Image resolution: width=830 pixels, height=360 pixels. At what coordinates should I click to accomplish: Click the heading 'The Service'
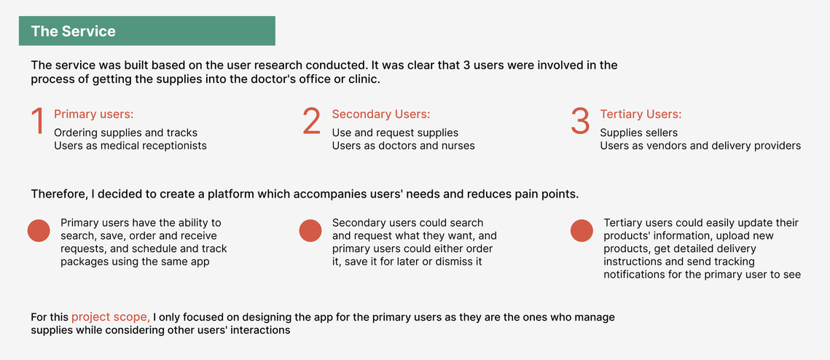pos(73,31)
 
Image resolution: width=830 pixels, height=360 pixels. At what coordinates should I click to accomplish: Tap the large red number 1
pos(37,121)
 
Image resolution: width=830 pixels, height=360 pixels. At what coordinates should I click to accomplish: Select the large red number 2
pos(312,121)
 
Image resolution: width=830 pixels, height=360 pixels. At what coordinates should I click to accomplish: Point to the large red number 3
pos(581,121)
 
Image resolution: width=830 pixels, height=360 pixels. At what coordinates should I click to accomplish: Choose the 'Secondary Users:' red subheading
pos(381,114)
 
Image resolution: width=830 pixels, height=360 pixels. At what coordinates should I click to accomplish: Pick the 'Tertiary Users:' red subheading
pos(641,114)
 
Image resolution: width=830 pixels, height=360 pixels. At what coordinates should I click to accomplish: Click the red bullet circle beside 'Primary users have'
pos(39,231)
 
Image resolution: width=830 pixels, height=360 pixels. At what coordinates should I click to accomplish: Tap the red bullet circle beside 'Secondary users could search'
pos(310,231)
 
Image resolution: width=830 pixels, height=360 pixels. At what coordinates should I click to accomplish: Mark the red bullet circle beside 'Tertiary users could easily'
pos(582,231)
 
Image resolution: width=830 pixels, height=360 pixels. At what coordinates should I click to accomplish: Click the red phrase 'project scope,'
pos(111,318)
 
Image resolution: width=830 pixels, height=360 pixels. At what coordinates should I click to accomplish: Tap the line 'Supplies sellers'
pos(639,133)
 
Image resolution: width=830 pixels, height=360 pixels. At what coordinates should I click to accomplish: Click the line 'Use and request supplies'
pos(396,133)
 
